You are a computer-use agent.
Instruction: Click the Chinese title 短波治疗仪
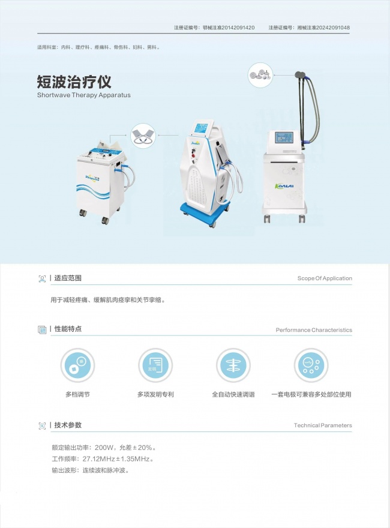74,82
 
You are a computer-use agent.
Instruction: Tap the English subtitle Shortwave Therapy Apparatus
84,95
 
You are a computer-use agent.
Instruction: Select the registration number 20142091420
238,28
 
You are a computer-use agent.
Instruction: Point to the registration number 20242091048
333,28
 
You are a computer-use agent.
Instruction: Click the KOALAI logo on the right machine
284,186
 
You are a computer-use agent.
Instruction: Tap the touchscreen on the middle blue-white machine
203,128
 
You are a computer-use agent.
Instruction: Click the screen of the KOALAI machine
284,138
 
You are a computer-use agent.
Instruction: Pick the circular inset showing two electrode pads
143,136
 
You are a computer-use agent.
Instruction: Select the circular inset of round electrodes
260,75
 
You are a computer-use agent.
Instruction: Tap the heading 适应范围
68,278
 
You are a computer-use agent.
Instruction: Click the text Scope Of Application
325,278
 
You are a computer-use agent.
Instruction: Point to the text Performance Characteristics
314,330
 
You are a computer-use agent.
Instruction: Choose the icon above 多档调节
77,365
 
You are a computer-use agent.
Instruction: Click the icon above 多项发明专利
155,365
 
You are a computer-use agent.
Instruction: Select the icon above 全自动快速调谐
233,365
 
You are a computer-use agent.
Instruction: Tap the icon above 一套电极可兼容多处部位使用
311,365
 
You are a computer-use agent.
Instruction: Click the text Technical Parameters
323,425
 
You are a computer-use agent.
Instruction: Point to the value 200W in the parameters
104,448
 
